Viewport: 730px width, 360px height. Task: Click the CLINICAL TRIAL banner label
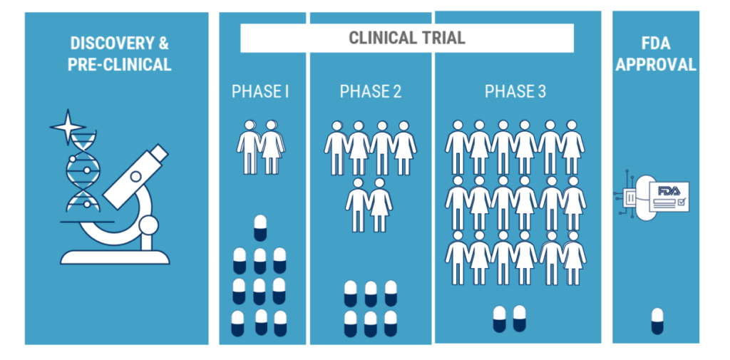point(406,38)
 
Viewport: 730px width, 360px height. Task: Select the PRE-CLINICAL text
point(119,64)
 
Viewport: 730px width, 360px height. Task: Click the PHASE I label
point(260,92)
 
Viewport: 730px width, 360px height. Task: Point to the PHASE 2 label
point(370,92)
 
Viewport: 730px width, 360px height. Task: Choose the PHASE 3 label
point(515,92)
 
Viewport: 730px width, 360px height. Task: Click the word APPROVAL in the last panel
point(656,64)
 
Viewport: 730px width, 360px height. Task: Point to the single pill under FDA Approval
point(657,321)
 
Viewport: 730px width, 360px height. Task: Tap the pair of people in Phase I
point(260,146)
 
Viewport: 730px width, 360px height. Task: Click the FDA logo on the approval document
point(669,191)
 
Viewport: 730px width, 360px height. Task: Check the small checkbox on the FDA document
point(681,202)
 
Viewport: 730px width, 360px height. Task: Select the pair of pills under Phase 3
point(509,319)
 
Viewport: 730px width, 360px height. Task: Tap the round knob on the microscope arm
point(149,227)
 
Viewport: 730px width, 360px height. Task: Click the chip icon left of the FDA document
point(630,197)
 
